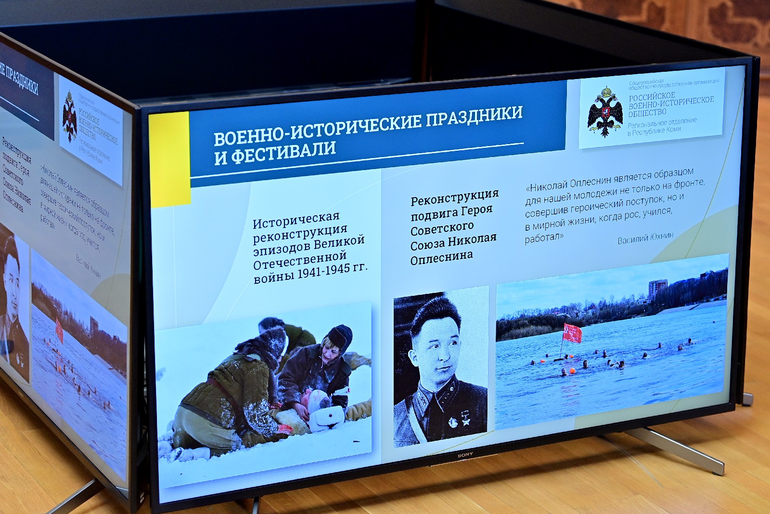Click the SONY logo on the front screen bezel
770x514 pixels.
[465, 454]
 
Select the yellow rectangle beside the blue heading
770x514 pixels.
[169, 159]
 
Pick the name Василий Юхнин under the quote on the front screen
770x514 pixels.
[645, 237]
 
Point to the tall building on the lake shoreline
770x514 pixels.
[657, 289]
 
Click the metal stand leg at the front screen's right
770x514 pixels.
[683, 450]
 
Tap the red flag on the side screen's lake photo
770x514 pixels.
[59, 330]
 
